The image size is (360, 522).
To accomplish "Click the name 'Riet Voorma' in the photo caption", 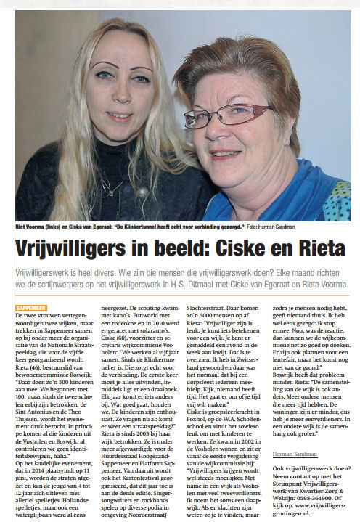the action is pyautogui.click(x=33, y=227).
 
